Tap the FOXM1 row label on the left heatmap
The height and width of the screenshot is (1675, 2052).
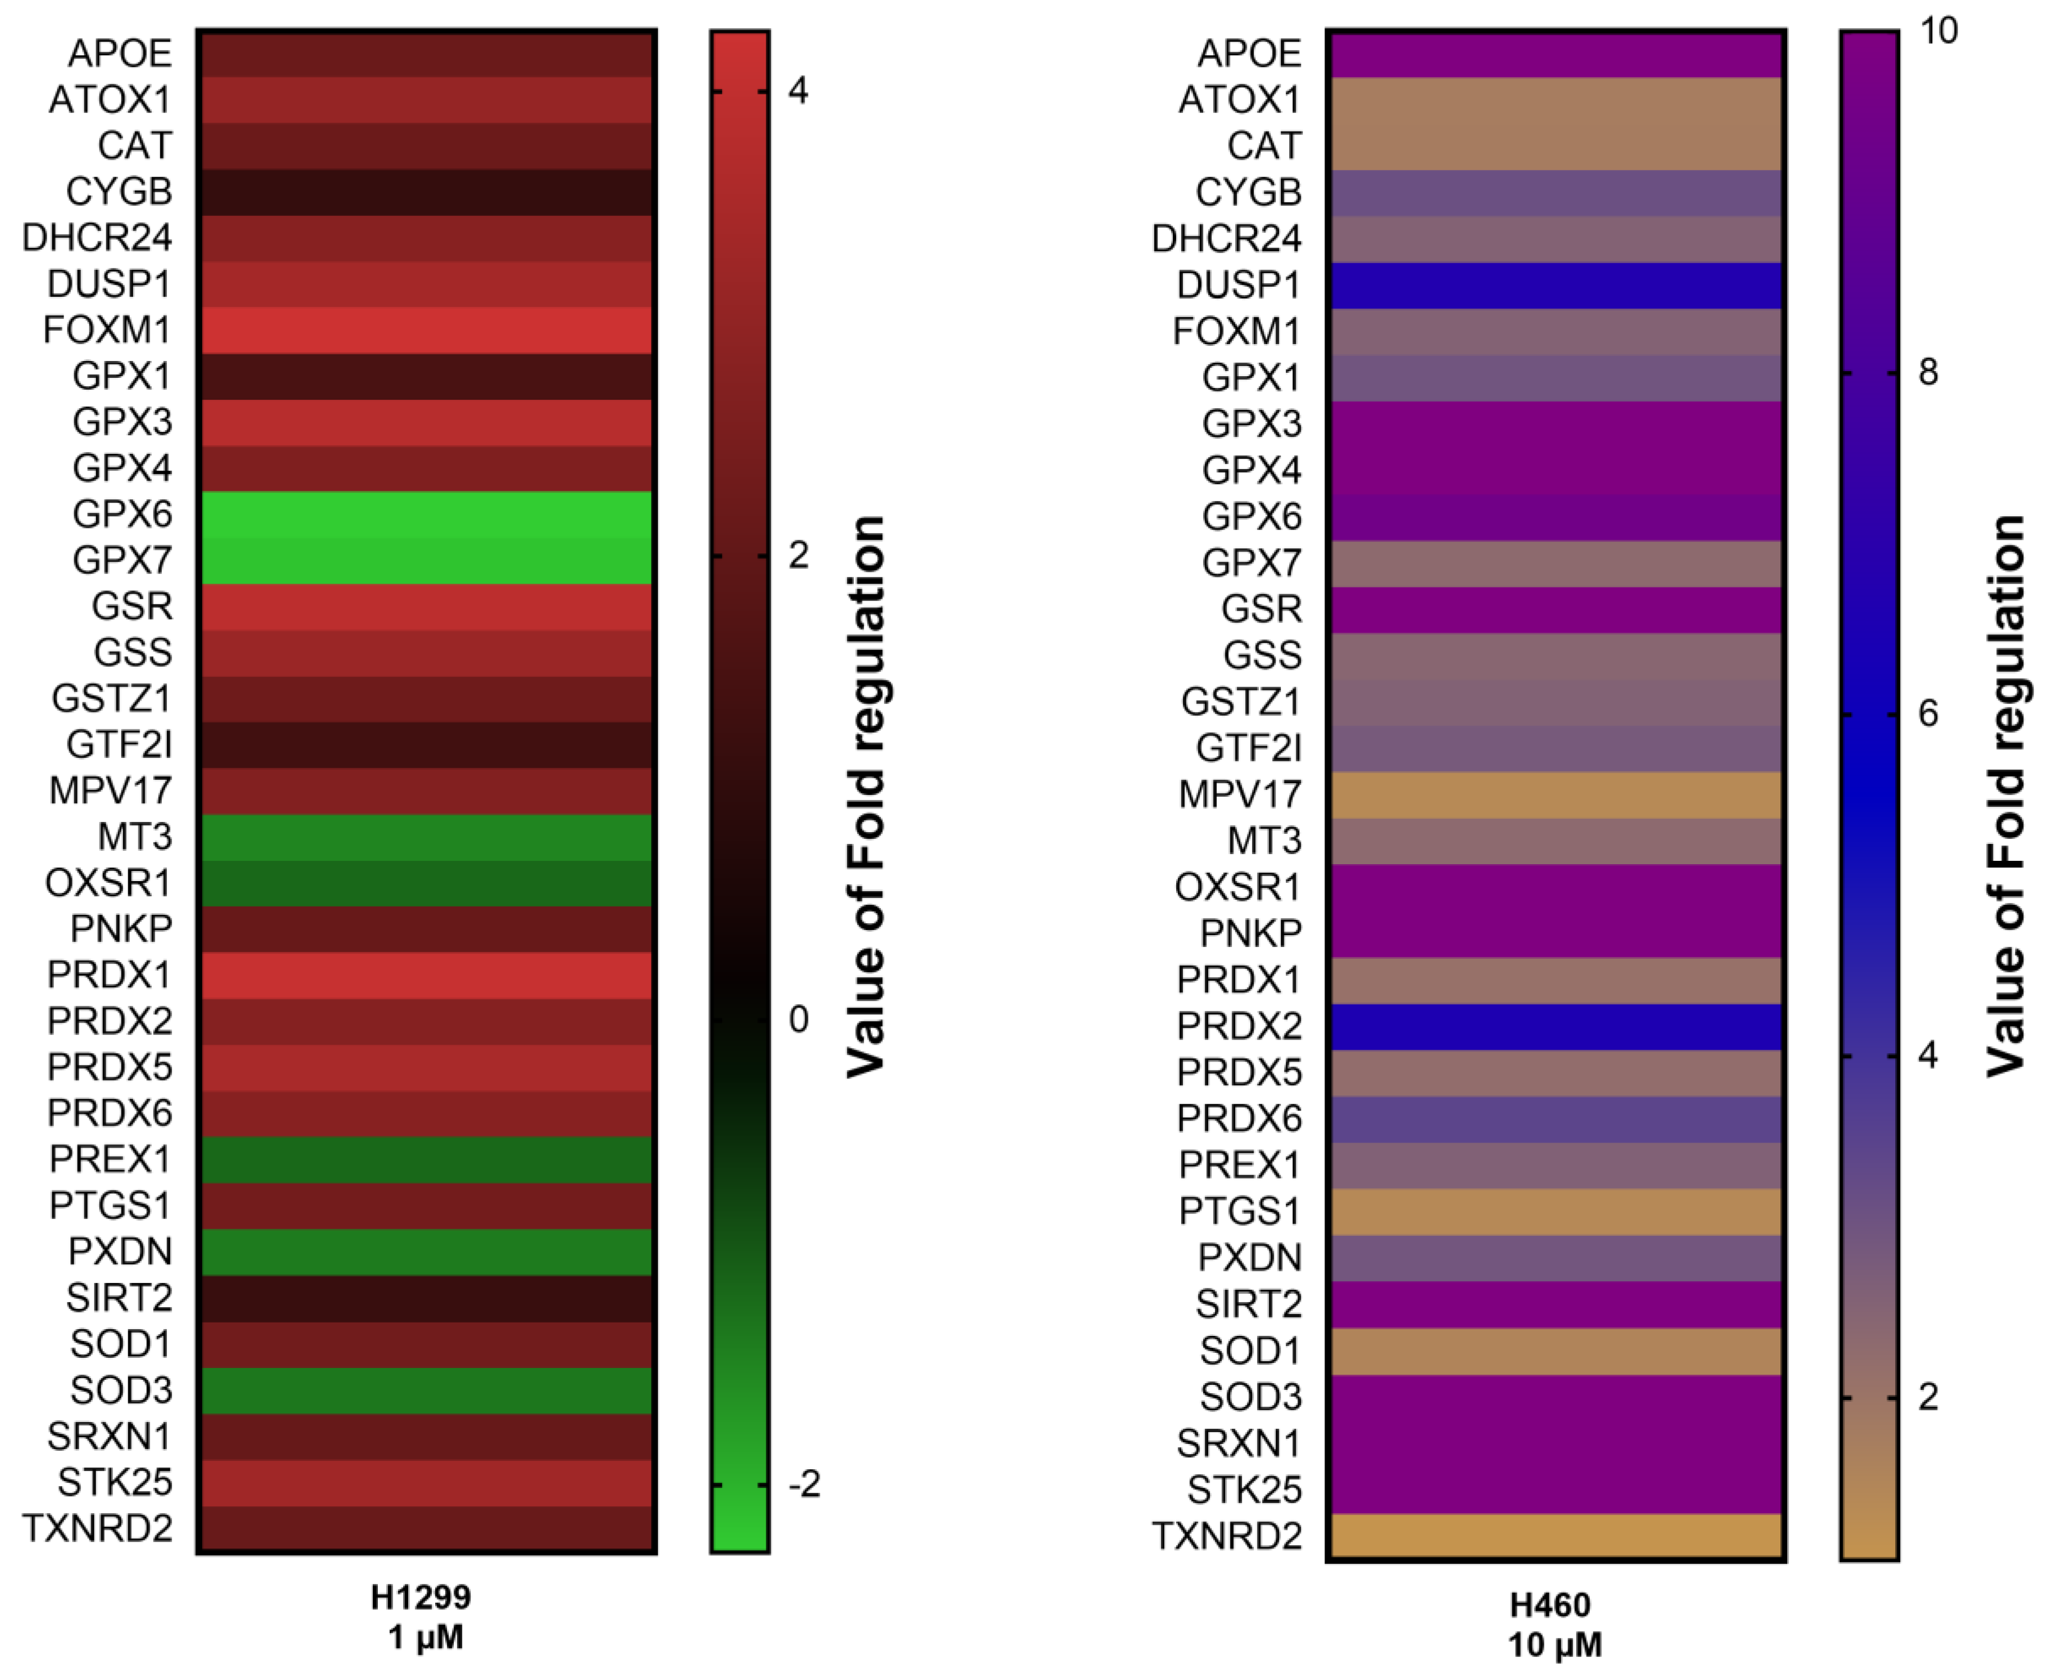tap(107, 330)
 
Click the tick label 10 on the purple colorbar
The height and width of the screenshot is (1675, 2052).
tap(1938, 31)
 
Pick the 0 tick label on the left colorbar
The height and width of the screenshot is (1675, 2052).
tap(798, 1019)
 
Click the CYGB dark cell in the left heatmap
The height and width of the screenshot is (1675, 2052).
tap(426, 191)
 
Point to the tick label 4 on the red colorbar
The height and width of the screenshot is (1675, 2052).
tap(798, 91)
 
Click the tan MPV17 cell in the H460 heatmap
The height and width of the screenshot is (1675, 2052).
tap(1555, 794)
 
